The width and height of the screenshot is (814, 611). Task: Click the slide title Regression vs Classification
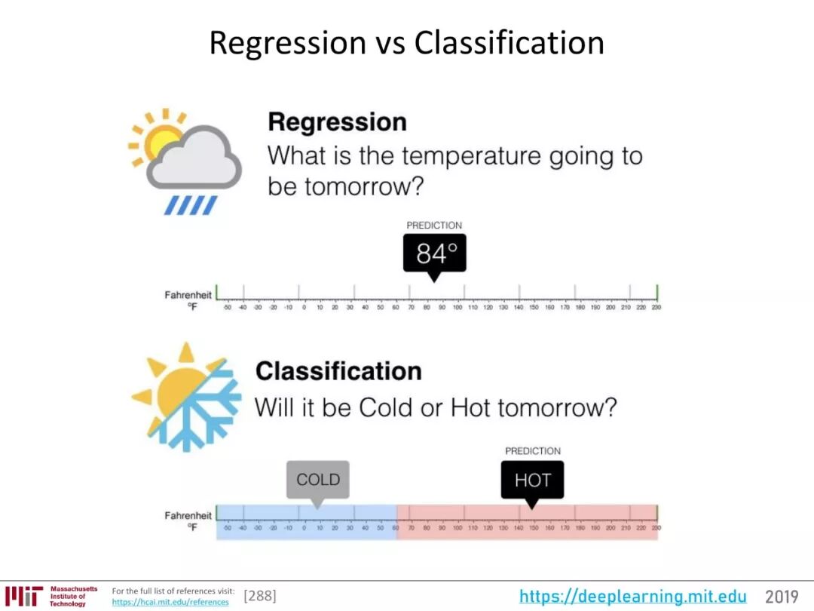click(406, 43)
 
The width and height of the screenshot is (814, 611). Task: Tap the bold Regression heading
click(337, 122)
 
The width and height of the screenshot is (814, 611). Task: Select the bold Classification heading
click(338, 371)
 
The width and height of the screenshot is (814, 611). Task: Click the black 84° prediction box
click(434, 253)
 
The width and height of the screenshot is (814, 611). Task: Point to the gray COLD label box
click(317, 480)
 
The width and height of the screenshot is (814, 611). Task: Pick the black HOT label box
click(532, 481)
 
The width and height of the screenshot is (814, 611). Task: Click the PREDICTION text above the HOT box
click(532, 451)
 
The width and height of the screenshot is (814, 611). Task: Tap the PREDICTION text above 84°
click(434, 226)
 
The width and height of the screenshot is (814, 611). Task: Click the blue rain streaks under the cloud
click(191, 205)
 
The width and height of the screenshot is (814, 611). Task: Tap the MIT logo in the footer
click(23, 596)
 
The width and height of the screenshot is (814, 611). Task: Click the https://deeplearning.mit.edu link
click(632, 597)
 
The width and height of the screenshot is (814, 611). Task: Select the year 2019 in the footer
click(782, 597)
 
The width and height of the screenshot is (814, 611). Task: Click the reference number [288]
click(260, 597)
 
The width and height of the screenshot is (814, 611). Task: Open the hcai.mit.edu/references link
click(170, 603)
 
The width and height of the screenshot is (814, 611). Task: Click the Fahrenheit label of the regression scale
click(188, 295)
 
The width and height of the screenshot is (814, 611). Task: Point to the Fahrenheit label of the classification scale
click(188, 516)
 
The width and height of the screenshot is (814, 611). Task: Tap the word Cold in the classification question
click(384, 408)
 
